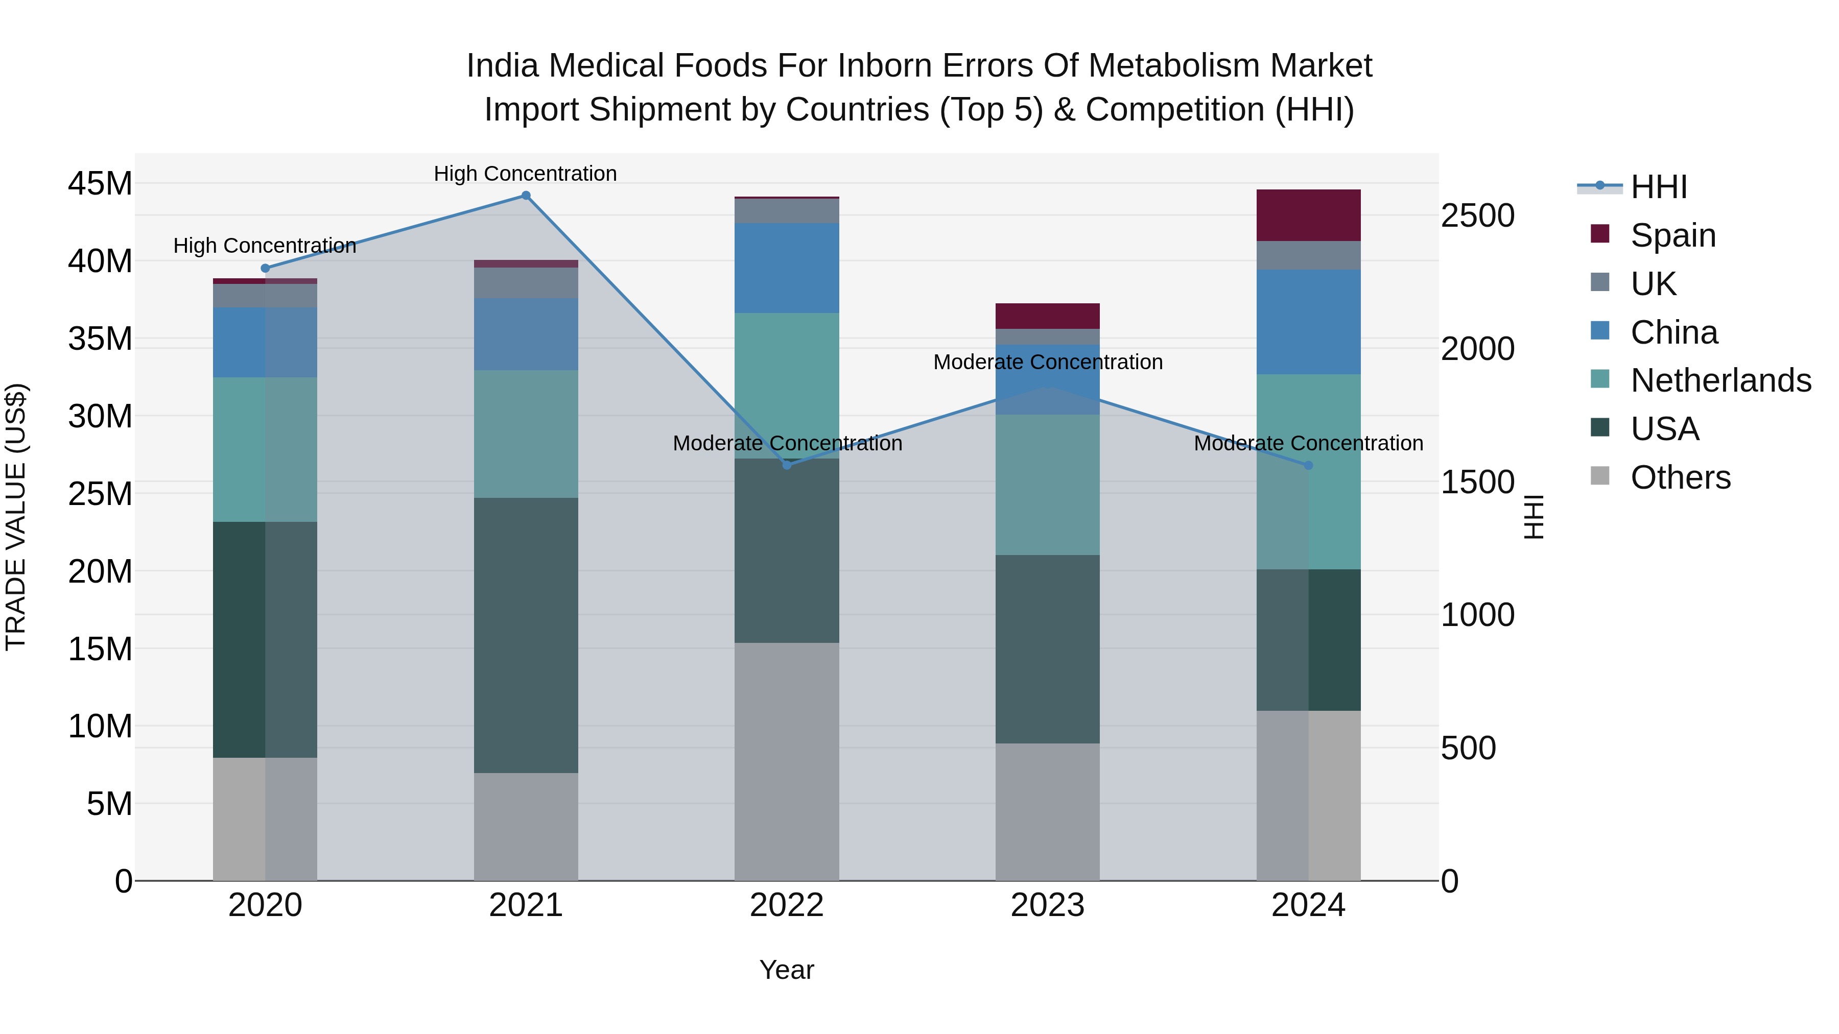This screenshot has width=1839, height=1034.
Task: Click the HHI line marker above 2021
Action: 526,196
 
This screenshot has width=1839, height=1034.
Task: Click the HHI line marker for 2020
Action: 265,268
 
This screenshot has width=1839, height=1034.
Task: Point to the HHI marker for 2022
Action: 787,465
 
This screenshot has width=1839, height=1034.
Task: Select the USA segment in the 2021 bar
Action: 526,635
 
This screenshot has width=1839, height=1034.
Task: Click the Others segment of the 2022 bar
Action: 787,761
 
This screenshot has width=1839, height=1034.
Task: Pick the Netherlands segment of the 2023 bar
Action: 1047,485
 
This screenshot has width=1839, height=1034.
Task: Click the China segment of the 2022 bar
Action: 787,268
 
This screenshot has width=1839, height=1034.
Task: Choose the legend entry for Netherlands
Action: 1720,380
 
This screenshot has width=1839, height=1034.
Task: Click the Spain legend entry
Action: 1672,235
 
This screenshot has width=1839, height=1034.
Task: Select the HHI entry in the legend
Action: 1658,187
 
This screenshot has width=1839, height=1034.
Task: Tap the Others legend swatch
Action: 1600,476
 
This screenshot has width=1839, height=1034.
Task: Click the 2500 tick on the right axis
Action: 1477,215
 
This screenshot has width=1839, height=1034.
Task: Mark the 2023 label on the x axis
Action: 1047,905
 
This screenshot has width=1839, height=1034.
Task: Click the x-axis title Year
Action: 787,970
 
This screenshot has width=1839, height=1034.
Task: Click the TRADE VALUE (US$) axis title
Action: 16,517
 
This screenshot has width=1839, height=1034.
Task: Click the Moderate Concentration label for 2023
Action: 1047,362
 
